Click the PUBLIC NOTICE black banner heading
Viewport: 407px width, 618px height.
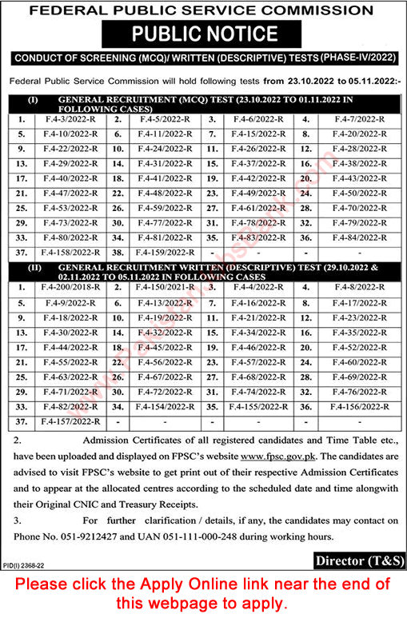(203, 34)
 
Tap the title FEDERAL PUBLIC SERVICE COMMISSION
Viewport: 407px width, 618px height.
(203, 10)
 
